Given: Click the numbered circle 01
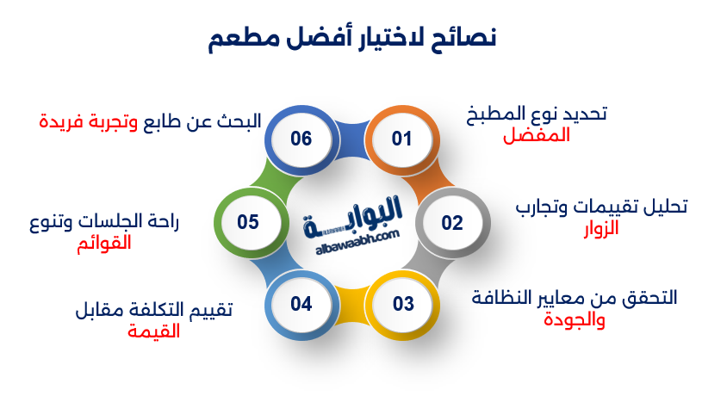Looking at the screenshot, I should (x=402, y=139).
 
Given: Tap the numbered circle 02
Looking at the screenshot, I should (x=452, y=223).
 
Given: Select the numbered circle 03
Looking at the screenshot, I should (x=403, y=304).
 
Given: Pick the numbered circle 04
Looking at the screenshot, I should (x=301, y=304).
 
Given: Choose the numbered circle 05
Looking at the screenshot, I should (x=249, y=223).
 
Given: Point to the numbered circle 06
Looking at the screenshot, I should (x=301, y=139).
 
